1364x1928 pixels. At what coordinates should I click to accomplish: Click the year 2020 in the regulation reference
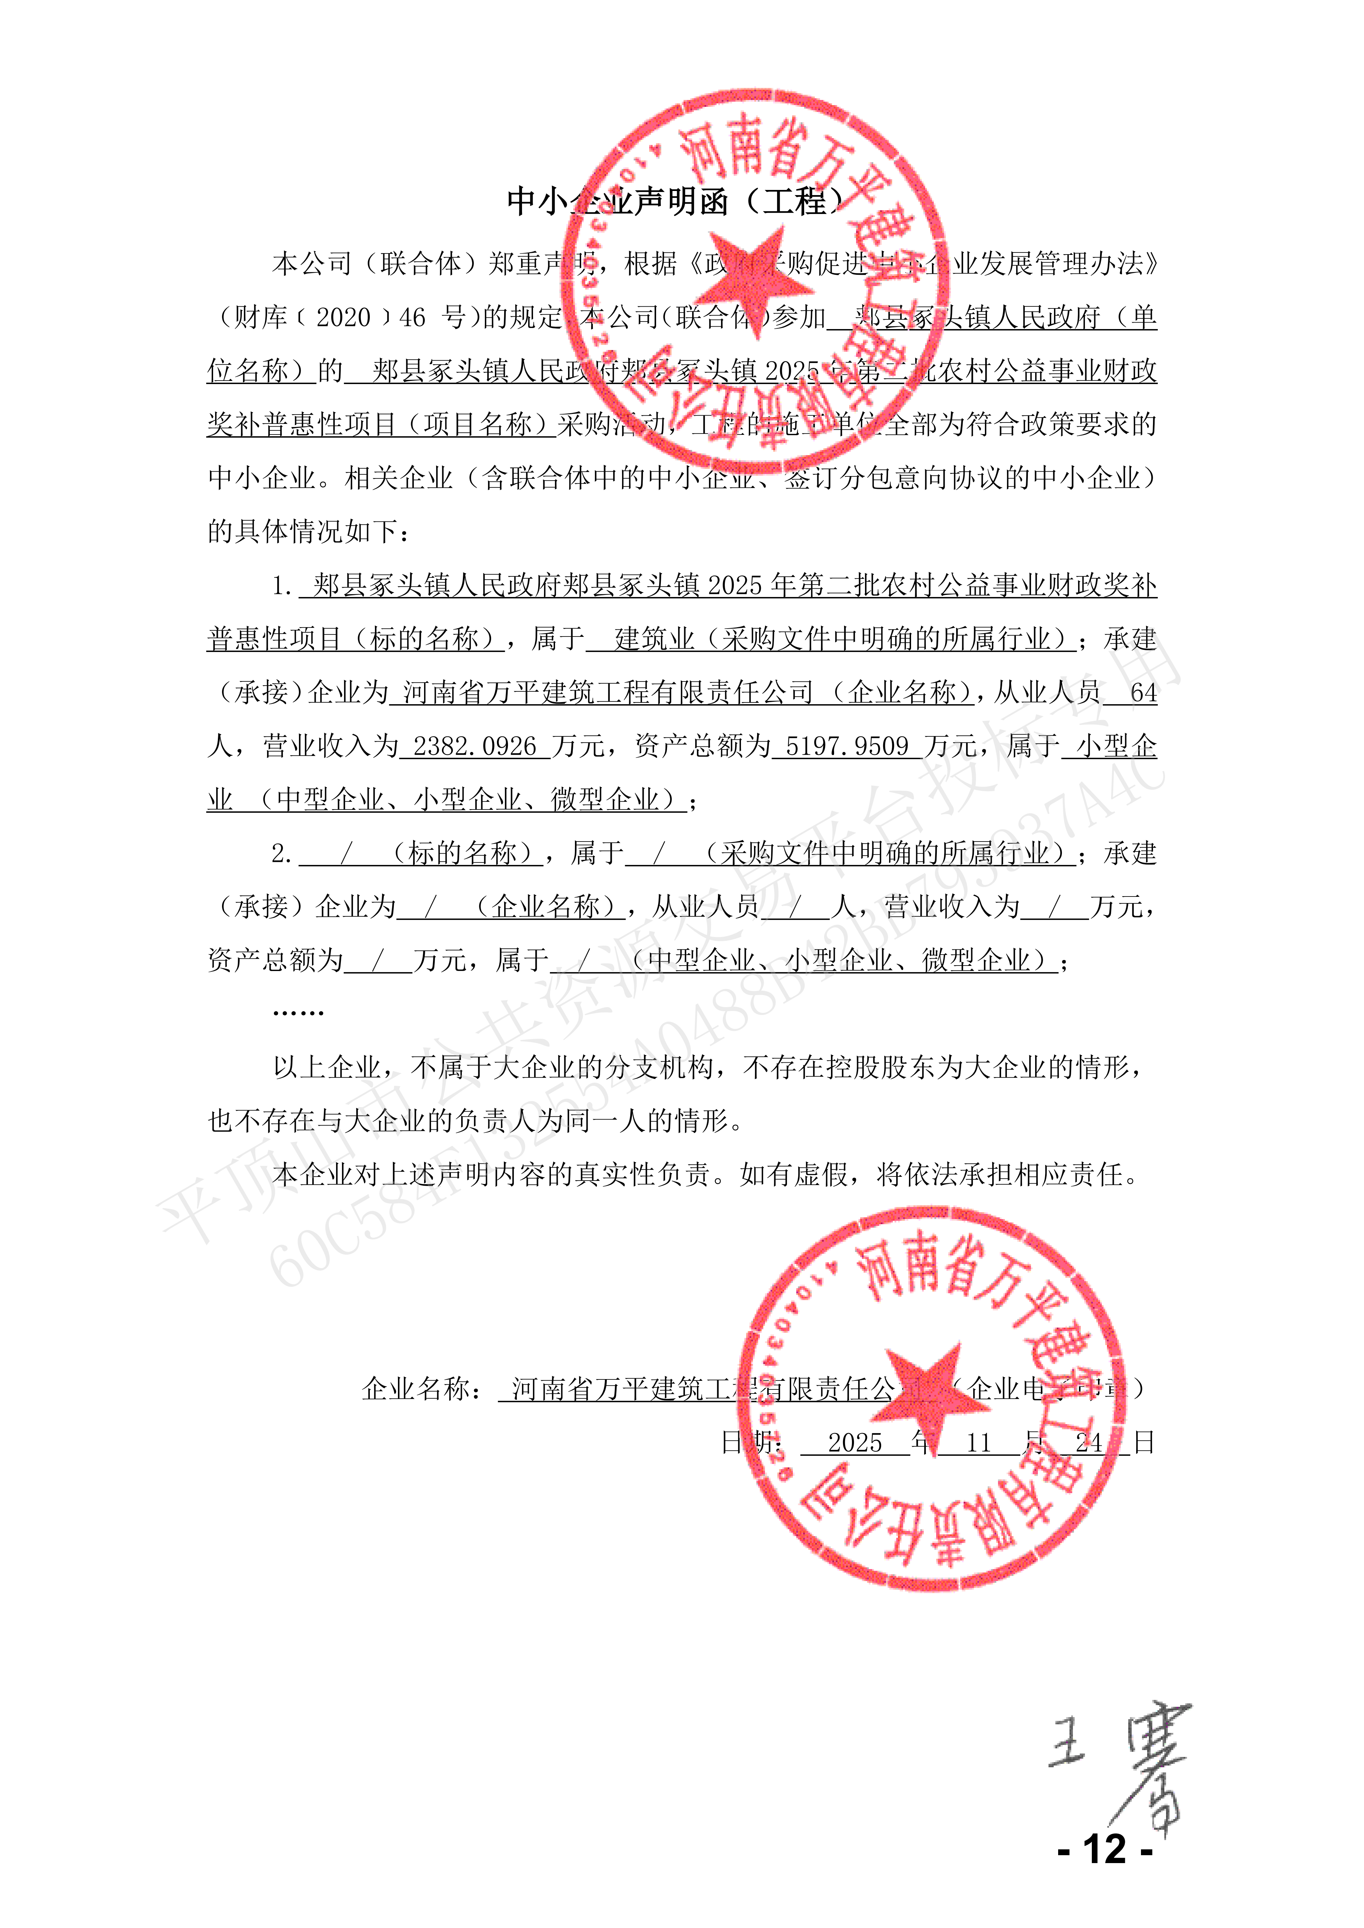click(x=344, y=317)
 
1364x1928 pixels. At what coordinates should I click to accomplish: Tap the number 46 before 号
click(x=412, y=317)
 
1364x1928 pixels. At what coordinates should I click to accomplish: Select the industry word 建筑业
click(x=655, y=639)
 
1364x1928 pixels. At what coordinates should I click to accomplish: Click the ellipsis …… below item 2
click(x=298, y=1013)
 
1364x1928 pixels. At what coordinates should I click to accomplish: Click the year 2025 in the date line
click(x=855, y=1443)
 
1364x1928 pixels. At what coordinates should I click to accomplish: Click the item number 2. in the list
click(x=281, y=854)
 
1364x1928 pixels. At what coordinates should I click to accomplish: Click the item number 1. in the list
click(x=281, y=585)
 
